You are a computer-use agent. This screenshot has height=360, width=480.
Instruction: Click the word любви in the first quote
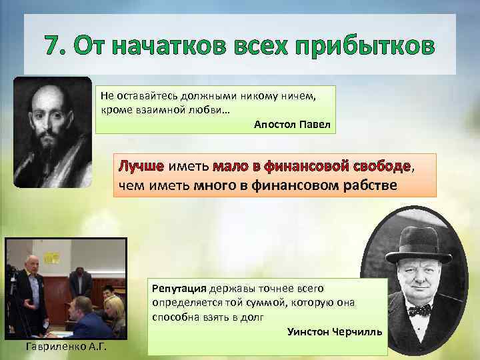pyautogui.click(x=207, y=109)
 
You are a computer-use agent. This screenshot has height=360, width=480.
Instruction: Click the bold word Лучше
pyautogui.click(x=141, y=165)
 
